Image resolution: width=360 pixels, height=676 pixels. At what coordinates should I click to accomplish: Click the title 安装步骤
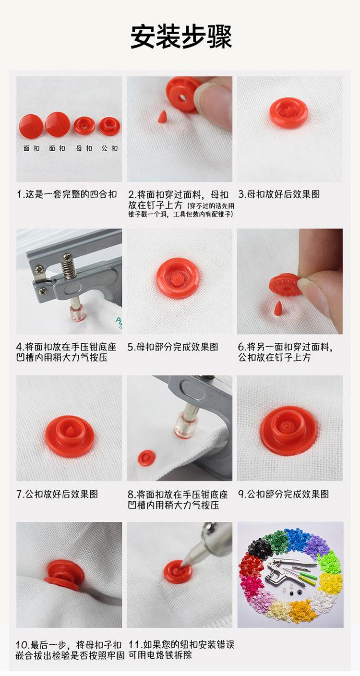(x=181, y=36)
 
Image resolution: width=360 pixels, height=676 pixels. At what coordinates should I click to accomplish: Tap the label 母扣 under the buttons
(x=84, y=148)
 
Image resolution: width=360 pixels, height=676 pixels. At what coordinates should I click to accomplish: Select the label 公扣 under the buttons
(x=109, y=148)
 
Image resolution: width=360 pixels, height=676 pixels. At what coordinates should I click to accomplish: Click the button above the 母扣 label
(x=84, y=125)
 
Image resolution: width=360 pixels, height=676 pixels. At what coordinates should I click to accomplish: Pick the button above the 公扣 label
(x=109, y=126)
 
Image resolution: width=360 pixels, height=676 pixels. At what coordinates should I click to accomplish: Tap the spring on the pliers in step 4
(x=69, y=266)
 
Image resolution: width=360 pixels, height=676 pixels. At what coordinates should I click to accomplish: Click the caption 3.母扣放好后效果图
(x=279, y=194)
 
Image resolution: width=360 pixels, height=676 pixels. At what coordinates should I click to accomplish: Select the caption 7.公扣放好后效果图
(x=57, y=494)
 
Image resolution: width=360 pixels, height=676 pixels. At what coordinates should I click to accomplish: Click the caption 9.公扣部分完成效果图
(x=283, y=494)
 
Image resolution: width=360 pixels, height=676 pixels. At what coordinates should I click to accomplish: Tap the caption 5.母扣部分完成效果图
(x=173, y=347)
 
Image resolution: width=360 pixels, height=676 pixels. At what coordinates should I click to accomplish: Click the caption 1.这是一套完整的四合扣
(x=67, y=194)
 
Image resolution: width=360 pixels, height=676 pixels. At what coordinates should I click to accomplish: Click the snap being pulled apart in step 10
(x=64, y=574)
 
